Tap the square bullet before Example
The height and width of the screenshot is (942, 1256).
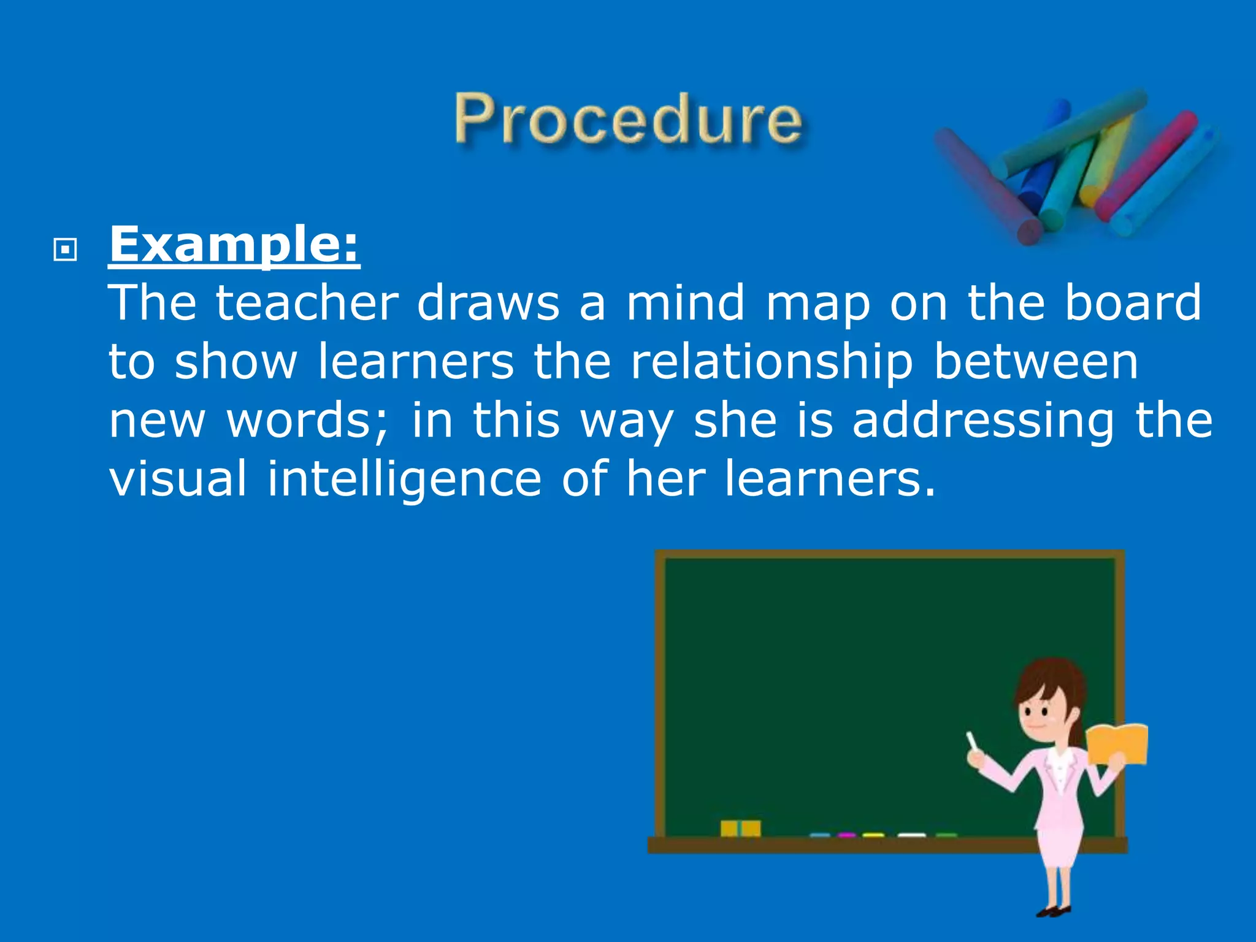click(x=65, y=250)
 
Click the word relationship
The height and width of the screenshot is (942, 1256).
click(x=772, y=362)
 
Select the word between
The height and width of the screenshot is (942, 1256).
click(x=1036, y=362)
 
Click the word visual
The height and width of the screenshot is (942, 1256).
click(x=178, y=478)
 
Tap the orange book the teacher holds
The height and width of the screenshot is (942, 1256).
click(x=1117, y=744)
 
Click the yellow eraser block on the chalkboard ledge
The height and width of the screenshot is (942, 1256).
click(x=740, y=828)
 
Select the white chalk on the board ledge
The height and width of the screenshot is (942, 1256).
click(x=911, y=835)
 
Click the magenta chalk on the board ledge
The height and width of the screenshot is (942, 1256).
click(x=847, y=835)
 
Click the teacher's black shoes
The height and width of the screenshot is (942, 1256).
click(x=1054, y=911)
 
